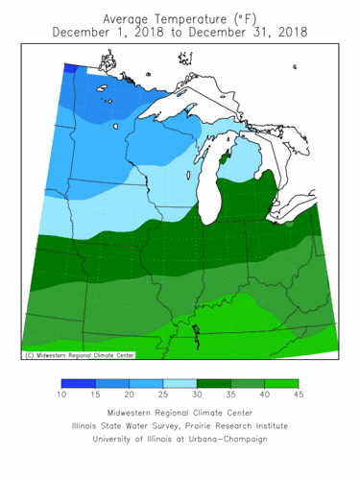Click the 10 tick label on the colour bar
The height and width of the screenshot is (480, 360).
pyautogui.click(x=61, y=395)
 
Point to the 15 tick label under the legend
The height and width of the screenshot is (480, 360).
pyautogui.click(x=95, y=395)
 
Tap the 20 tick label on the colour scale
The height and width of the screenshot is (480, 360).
pyautogui.click(x=129, y=395)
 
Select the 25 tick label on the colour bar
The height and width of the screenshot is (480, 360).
pyautogui.click(x=163, y=395)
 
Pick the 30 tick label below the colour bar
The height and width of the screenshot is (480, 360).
pyautogui.click(x=197, y=395)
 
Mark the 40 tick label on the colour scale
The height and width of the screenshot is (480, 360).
pyautogui.click(x=265, y=395)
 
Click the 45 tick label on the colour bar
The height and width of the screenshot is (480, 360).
pyautogui.click(x=299, y=395)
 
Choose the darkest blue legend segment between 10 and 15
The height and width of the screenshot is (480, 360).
pyautogui.click(x=78, y=383)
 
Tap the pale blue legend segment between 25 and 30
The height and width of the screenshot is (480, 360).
pyautogui.click(x=180, y=383)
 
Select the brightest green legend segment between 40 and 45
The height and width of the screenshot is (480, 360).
pyautogui.click(x=281, y=383)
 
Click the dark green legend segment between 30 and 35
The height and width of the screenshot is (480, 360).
pyautogui.click(x=213, y=383)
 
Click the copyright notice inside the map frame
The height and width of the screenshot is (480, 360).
pyautogui.click(x=78, y=354)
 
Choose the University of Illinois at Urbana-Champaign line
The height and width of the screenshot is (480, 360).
pyautogui.click(x=180, y=439)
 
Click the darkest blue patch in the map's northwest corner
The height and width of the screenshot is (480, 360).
pyautogui.click(x=71, y=68)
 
